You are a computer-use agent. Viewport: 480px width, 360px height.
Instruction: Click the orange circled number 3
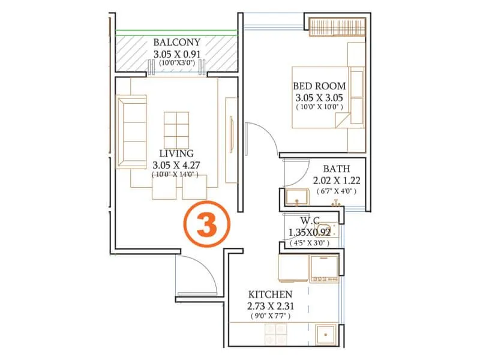pos(207,223)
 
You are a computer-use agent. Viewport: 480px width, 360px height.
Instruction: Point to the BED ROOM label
pos(319,86)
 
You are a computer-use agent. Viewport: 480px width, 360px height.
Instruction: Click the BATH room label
pos(336,169)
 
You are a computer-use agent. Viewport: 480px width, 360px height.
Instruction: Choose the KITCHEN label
pos(270,295)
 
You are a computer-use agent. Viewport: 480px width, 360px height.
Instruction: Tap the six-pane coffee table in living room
pos(177,127)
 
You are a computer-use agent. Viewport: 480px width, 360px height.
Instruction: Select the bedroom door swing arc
pos(264,138)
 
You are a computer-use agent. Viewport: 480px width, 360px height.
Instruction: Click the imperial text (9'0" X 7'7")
pos(270,316)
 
